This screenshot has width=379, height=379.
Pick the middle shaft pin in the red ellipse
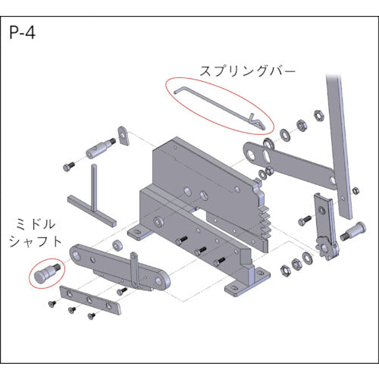pos(48,271)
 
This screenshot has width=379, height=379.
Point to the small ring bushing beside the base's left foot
pos(118,246)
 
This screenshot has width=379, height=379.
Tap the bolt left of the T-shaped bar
pos(69,164)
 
